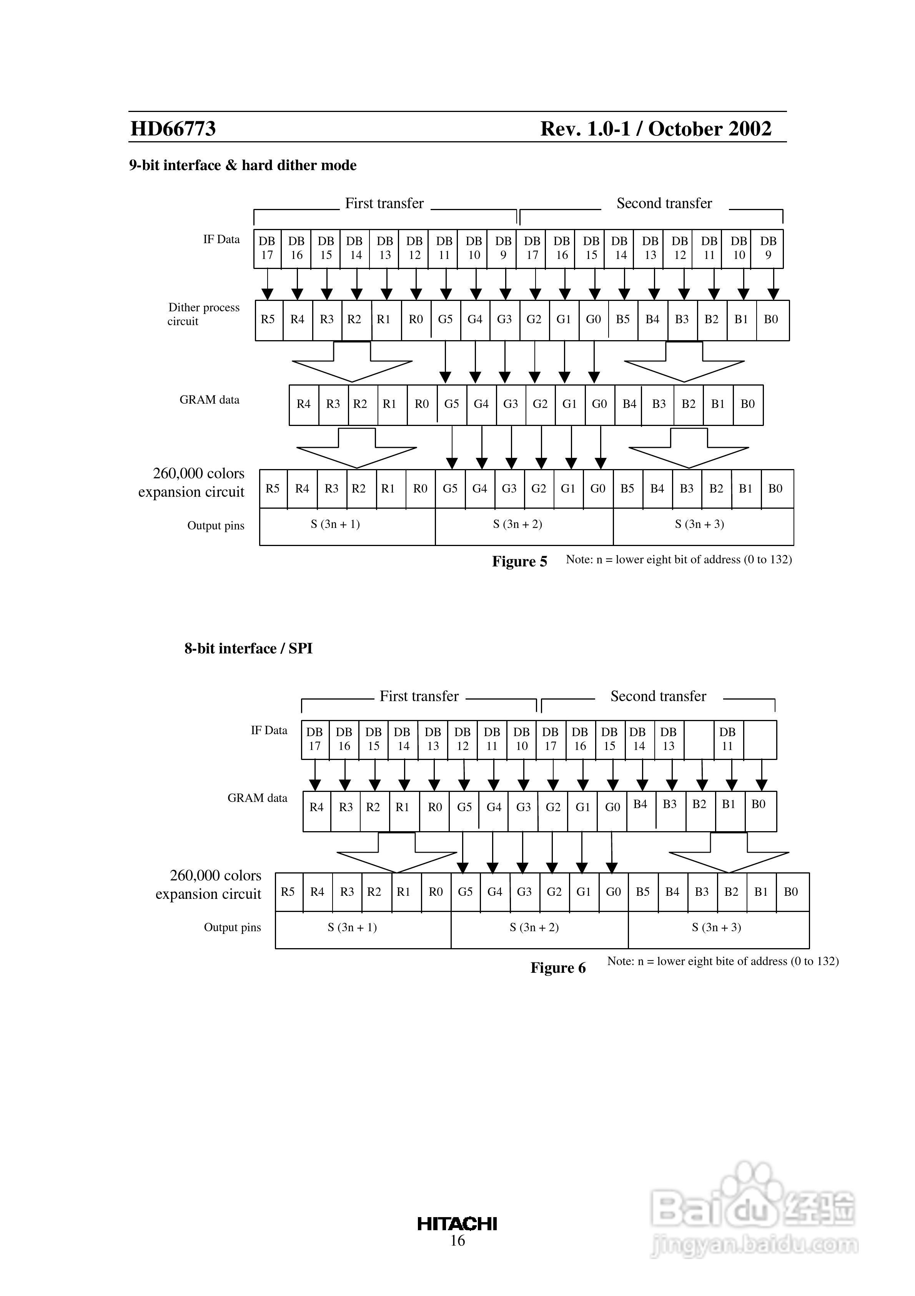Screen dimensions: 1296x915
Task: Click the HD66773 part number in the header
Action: click(173, 129)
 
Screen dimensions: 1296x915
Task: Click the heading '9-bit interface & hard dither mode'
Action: click(243, 165)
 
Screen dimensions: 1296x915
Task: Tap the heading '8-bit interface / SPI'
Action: click(248, 648)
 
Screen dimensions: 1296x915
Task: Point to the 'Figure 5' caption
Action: click(519, 562)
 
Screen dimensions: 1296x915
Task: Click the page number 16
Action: click(457, 1240)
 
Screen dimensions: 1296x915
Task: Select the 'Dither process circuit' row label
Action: click(203, 314)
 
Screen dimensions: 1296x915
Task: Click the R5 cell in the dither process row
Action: click(268, 319)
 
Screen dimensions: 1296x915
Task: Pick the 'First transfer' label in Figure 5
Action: click(384, 203)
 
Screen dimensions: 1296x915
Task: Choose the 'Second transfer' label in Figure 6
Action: click(658, 696)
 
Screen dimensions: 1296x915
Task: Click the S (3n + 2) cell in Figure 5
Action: click(517, 524)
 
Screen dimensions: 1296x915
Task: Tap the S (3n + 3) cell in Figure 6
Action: click(717, 927)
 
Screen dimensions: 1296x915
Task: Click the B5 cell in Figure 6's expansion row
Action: click(642, 892)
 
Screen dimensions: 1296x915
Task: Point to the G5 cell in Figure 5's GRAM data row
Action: click(451, 404)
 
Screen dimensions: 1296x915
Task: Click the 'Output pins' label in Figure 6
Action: click(233, 927)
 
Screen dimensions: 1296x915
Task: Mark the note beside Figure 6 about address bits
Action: click(723, 961)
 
